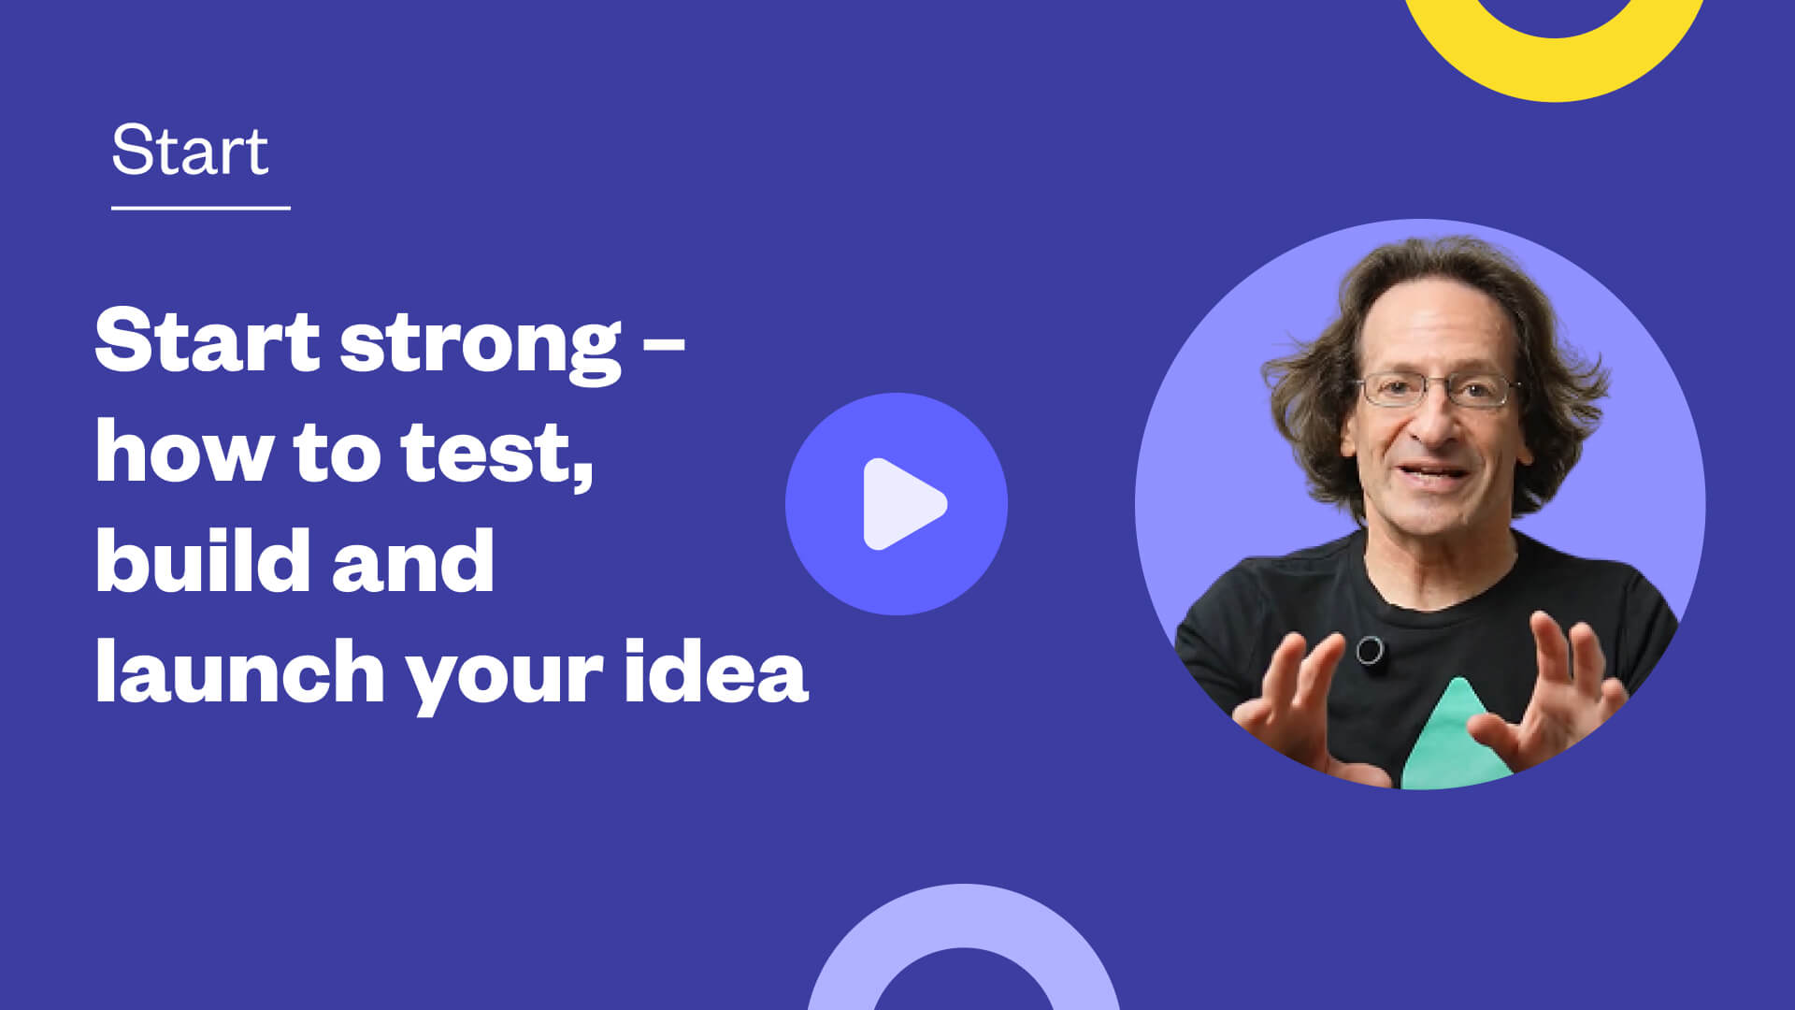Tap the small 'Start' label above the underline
click(x=190, y=150)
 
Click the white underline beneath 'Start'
click(x=201, y=208)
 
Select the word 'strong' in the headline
click(x=481, y=345)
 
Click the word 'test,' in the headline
click(x=497, y=453)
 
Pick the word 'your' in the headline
click(x=504, y=677)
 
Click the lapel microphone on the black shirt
click(x=1370, y=650)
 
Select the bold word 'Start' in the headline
click(x=208, y=340)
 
